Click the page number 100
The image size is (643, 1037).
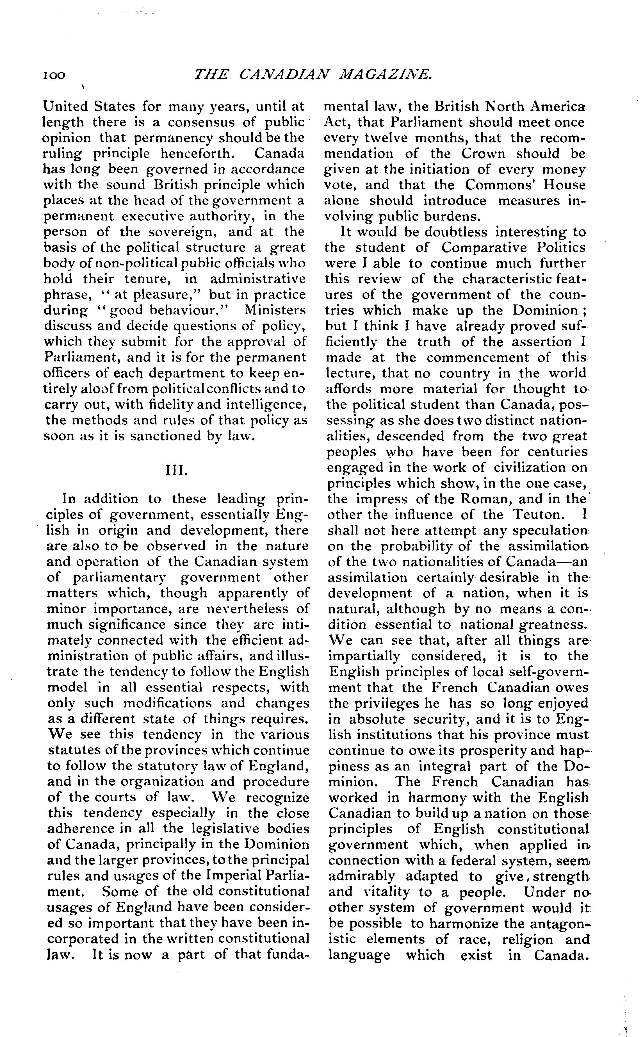click(54, 75)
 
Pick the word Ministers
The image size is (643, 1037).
click(275, 310)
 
